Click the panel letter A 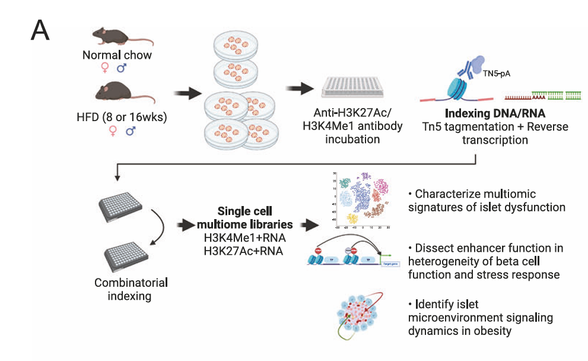[40, 31]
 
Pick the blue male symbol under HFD [130, 131]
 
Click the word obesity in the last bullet [490, 331]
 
